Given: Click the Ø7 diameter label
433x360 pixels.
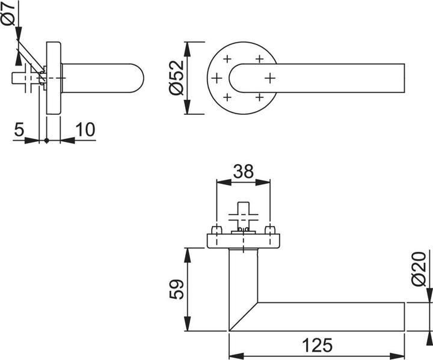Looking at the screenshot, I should point(8,14).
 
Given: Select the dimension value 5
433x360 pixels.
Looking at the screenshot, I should point(19,129).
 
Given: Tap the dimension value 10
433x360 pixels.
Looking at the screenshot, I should point(85,129).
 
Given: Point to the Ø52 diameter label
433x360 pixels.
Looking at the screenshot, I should point(175,79).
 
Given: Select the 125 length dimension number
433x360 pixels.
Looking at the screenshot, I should point(316,345).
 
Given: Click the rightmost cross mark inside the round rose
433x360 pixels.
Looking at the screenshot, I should point(269,78).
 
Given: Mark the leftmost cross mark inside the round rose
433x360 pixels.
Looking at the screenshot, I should point(216,78).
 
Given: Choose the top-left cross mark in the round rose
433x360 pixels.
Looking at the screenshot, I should point(227,59).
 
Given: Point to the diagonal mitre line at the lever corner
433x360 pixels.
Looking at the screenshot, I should point(244,317).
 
